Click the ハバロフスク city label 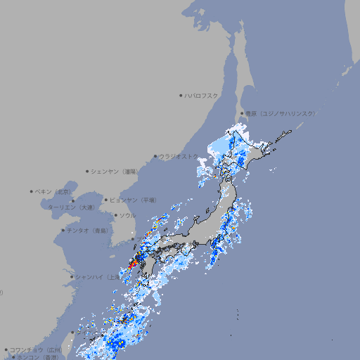tap(202, 95)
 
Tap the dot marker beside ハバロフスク tap(181, 95)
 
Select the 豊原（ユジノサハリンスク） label tap(280, 113)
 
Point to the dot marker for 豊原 tap(241, 113)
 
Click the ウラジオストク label tap(179, 156)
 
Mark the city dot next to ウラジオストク tap(155, 156)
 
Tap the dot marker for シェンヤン tap(88, 171)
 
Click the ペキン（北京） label tap(54, 191)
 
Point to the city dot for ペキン tap(32, 191)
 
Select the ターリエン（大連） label tap(70, 207)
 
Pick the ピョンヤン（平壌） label tap(133, 200)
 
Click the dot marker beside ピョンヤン tap(106, 200)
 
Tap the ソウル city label tap(127, 215)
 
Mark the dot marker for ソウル tap(115, 215)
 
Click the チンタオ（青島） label tap(87, 231)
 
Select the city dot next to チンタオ tap(63, 231)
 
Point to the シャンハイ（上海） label tap(97, 276)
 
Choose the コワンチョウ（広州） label tap(35, 349)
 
